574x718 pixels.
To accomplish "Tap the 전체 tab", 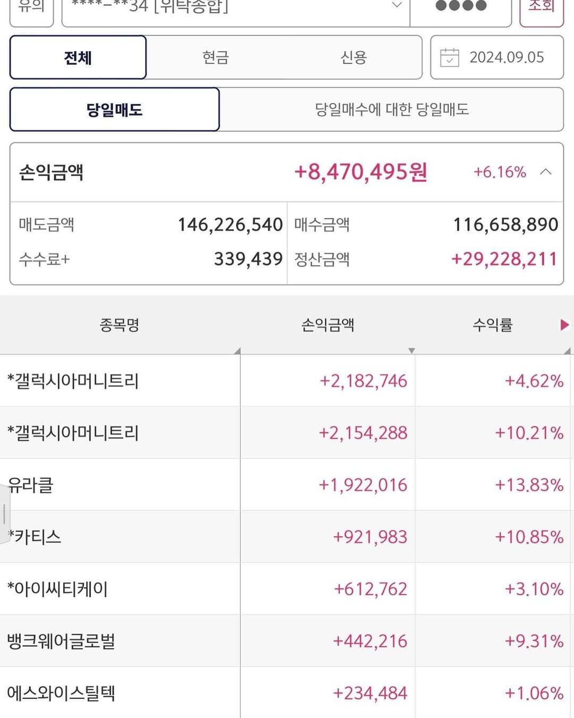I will (x=78, y=57).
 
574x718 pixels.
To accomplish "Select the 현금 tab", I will (x=215, y=57).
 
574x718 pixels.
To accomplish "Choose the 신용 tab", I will (x=353, y=57).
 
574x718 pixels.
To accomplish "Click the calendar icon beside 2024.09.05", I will (x=450, y=57).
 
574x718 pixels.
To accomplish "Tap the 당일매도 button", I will (x=114, y=110).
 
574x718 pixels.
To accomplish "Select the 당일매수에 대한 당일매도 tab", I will (x=392, y=110).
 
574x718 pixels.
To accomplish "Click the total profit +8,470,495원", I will (x=360, y=172).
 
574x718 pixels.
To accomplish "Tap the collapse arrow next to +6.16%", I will (x=546, y=172).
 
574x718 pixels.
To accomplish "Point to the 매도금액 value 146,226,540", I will (x=230, y=224).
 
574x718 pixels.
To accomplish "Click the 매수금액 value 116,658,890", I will (x=505, y=224).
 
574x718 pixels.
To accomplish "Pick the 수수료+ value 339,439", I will (x=248, y=259).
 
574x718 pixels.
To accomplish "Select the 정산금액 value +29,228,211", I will (x=504, y=259).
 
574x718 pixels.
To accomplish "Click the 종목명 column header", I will (x=120, y=325).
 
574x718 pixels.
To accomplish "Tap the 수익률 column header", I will (x=492, y=325).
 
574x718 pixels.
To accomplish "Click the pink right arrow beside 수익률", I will (x=564, y=325).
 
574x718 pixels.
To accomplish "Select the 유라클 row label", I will (x=31, y=485).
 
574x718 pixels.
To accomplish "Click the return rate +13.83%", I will (x=529, y=485).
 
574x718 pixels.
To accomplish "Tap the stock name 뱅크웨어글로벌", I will (x=61, y=641).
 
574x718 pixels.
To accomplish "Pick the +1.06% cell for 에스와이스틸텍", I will (x=534, y=693).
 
